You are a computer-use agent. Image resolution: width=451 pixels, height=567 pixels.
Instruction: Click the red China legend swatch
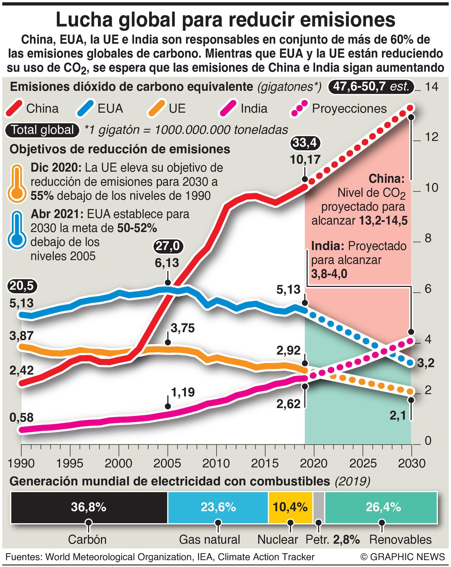point(14,108)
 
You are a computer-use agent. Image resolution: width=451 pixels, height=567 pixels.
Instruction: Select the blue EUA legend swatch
point(85,108)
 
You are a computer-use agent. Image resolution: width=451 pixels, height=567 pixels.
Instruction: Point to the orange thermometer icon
point(17,183)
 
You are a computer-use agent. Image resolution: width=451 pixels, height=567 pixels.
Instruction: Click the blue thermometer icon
point(17,230)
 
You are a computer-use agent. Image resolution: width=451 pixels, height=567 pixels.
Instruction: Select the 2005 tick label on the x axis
point(167,463)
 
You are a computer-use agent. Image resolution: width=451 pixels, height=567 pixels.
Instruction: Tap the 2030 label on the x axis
point(411,463)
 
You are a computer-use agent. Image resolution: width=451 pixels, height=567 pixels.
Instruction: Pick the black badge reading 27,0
point(168,246)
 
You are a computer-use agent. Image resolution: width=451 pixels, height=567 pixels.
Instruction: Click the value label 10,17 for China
point(305,160)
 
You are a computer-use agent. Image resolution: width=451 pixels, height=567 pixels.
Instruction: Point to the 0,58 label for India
point(22,418)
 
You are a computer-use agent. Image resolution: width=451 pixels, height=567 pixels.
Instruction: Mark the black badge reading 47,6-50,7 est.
point(371,86)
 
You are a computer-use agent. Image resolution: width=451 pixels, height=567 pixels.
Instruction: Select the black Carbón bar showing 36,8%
point(89,508)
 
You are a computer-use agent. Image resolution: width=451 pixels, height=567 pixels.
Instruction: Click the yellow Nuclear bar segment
point(290,508)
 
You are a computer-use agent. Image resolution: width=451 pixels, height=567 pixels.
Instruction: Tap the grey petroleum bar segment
point(319,508)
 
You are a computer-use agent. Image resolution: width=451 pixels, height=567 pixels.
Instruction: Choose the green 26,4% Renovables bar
point(381,508)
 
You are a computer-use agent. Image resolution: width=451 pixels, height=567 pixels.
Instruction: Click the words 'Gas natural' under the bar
point(209,539)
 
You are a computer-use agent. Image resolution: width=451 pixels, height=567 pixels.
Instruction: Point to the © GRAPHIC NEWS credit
point(403,557)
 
